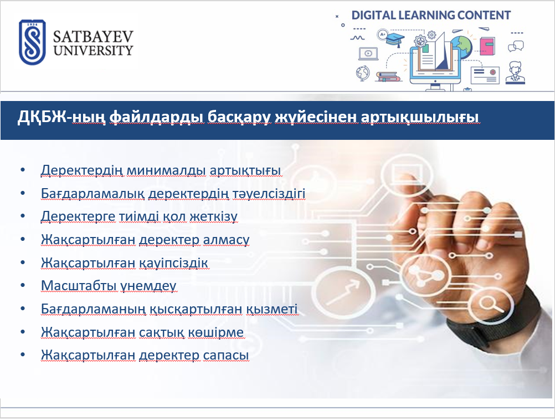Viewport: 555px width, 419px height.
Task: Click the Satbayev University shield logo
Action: click(32, 42)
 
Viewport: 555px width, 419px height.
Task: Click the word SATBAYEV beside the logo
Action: click(93, 37)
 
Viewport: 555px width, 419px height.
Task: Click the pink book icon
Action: click(487, 46)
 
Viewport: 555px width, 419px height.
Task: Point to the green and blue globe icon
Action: click(462, 47)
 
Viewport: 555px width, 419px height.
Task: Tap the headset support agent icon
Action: click(515, 73)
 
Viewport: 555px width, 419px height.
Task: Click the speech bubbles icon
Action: click(516, 46)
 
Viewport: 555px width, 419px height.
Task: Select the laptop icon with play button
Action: click(368, 54)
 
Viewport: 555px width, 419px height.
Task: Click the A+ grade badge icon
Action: click(382, 34)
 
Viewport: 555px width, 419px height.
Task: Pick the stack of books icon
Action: click(388, 77)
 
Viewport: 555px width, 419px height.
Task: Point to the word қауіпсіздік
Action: click(173, 263)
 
